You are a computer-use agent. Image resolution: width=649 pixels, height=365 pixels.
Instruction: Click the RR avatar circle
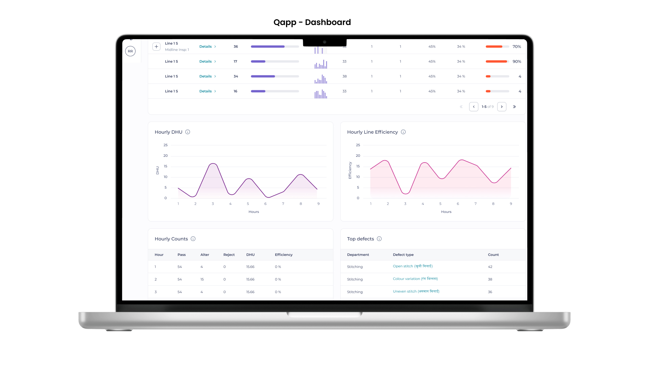click(x=130, y=51)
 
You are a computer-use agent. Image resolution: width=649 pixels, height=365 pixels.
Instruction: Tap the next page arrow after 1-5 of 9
click(x=502, y=107)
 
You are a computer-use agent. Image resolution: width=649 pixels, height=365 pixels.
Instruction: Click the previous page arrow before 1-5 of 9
click(x=474, y=107)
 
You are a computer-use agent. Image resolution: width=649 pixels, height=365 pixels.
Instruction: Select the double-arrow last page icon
click(x=514, y=107)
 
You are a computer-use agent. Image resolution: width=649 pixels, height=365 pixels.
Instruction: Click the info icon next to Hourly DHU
click(x=188, y=132)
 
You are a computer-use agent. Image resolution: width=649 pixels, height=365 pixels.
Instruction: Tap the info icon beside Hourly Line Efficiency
click(x=403, y=132)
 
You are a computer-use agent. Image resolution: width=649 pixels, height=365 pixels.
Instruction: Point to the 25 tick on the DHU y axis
click(x=166, y=145)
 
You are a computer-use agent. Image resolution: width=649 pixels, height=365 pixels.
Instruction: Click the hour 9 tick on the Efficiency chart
click(x=511, y=204)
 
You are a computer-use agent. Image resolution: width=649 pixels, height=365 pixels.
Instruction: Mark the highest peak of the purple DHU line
click(x=213, y=164)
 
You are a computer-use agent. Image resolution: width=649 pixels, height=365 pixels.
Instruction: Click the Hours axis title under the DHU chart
click(x=254, y=212)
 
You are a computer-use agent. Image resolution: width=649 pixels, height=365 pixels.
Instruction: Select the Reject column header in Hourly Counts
click(x=229, y=255)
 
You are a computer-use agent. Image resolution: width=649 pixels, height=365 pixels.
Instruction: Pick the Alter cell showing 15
click(x=202, y=279)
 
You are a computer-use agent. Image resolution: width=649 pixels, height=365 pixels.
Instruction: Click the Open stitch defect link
click(x=412, y=266)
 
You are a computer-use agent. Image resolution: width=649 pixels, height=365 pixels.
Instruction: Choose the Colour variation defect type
click(x=415, y=279)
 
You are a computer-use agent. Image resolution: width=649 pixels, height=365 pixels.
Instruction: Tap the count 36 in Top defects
click(x=490, y=292)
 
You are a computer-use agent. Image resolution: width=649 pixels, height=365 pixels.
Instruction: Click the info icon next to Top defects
click(x=379, y=239)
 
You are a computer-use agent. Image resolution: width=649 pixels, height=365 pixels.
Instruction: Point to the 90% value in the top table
click(x=516, y=62)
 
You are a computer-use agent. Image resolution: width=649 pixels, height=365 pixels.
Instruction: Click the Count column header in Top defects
click(x=493, y=255)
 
